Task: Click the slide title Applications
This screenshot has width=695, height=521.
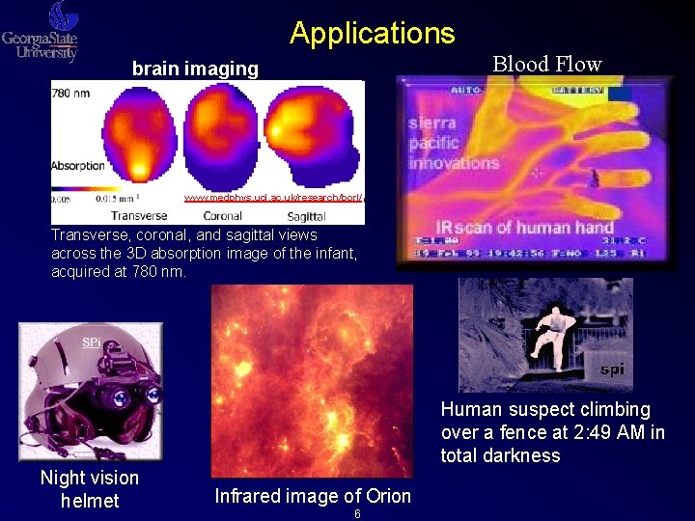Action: pos(372,33)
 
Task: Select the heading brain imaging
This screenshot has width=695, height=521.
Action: pos(195,69)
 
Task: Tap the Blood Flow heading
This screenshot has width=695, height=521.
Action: pos(546,65)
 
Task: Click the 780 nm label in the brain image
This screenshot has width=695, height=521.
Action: pos(73,94)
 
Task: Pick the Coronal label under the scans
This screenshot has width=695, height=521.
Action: pos(222,216)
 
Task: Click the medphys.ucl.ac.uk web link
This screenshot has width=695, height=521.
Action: pos(272,198)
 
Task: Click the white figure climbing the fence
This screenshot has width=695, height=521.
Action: pos(546,329)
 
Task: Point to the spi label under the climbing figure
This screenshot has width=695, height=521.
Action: pos(612,369)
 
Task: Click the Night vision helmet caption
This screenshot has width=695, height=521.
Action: pos(90,489)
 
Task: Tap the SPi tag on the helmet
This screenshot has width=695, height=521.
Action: pos(91,343)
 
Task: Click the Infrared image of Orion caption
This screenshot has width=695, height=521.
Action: pos(313,496)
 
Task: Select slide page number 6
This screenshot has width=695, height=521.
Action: pos(357,514)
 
